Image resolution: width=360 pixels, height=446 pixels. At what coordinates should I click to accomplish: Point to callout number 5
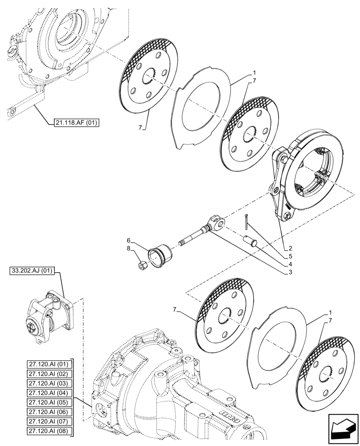pos(290,256)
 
